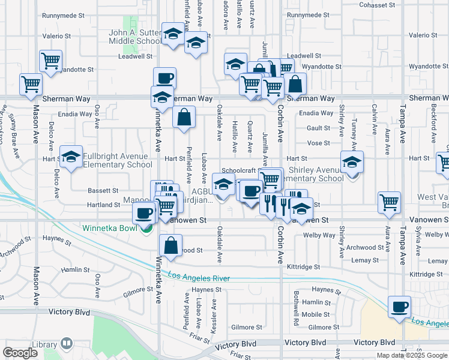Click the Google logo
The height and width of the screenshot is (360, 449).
20,353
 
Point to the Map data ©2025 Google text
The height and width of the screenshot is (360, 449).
412,355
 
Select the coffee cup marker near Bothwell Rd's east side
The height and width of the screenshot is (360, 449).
399,308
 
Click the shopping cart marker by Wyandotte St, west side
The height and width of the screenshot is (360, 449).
51,61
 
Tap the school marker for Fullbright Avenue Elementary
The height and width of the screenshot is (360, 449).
71,158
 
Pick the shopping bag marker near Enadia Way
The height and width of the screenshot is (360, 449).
184,118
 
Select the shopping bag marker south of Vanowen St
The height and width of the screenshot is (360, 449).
171,245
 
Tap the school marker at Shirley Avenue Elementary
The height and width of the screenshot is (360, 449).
352,162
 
